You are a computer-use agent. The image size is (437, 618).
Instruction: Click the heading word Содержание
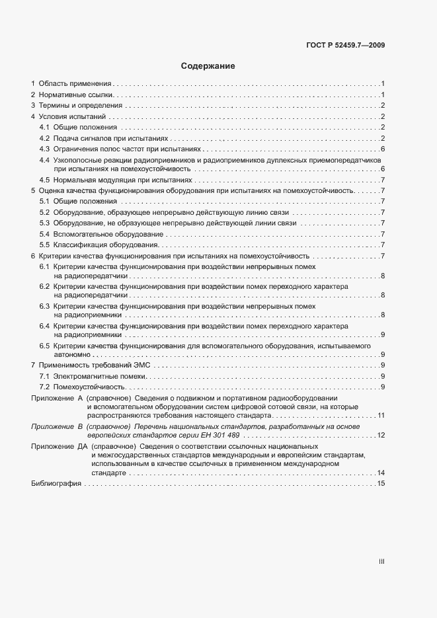click(x=208, y=66)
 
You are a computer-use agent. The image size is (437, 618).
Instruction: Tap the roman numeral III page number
click(x=381, y=561)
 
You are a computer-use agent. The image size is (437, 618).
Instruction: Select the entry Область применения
click(x=75, y=84)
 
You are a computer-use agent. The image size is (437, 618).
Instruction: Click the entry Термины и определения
click(x=80, y=106)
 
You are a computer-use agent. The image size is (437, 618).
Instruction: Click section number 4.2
click(x=44, y=138)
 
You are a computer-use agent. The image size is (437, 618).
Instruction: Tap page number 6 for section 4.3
click(x=383, y=149)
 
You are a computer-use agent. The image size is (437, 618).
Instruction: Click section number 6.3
click(x=44, y=307)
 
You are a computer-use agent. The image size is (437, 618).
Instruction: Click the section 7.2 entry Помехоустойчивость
click(x=89, y=387)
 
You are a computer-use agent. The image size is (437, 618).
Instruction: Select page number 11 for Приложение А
click(x=381, y=416)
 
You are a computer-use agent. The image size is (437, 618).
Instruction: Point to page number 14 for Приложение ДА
click(x=381, y=473)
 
